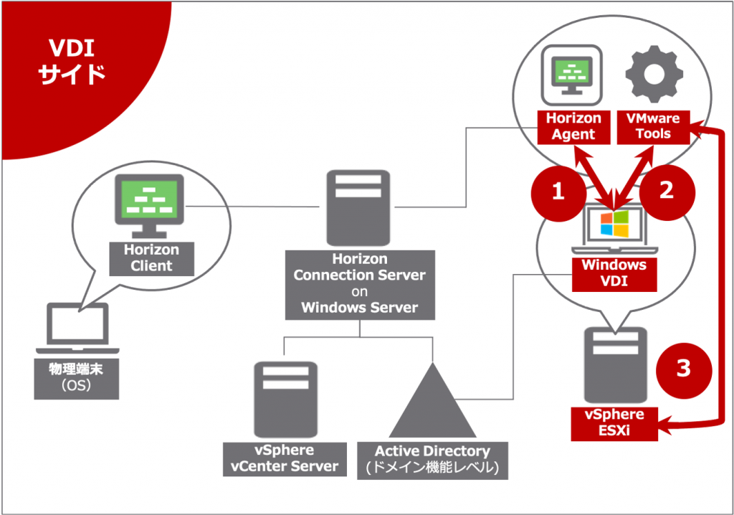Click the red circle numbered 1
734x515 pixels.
(x=558, y=191)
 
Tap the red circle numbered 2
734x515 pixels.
(x=667, y=191)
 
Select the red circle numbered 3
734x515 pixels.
(x=683, y=369)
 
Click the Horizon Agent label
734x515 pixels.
(x=573, y=126)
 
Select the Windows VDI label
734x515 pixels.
(x=614, y=273)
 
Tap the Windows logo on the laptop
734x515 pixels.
(x=614, y=223)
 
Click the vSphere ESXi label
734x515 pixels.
(x=614, y=422)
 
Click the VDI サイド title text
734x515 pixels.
(x=72, y=61)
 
